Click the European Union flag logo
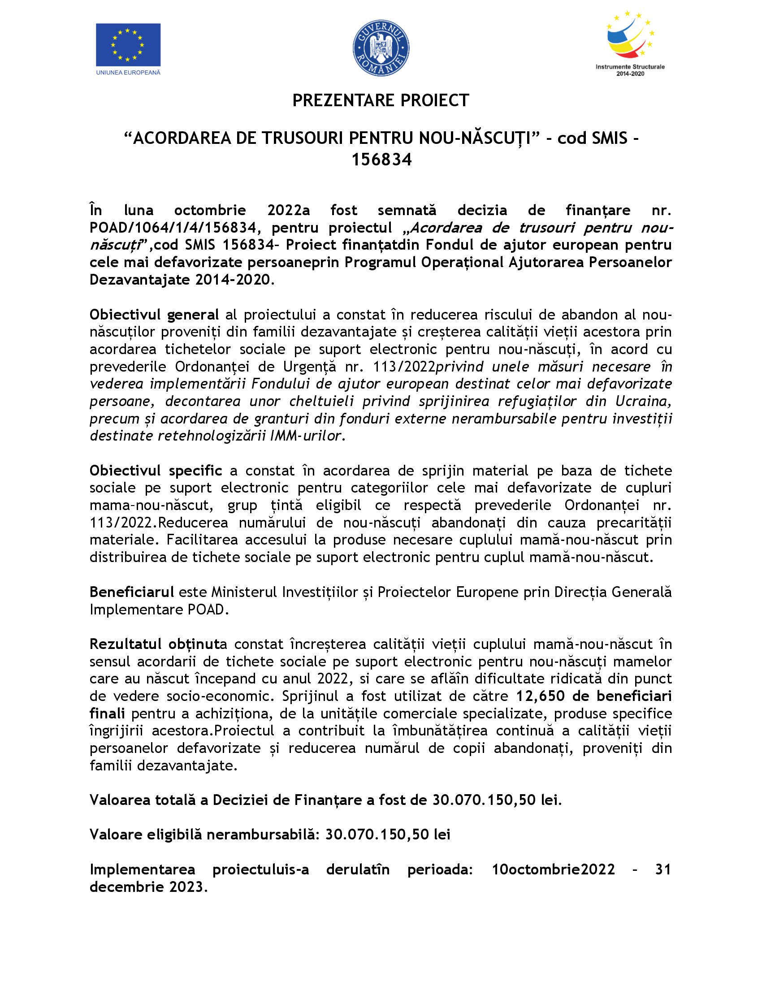point(128,45)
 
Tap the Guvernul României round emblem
point(381,48)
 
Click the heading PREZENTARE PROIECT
point(381,100)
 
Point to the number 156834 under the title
point(381,160)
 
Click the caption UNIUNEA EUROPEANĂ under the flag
point(128,72)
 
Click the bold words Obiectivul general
point(154,314)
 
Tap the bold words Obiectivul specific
point(156,471)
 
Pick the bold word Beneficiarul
point(132,592)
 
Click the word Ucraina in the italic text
point(643,401)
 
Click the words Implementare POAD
point(159,610)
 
